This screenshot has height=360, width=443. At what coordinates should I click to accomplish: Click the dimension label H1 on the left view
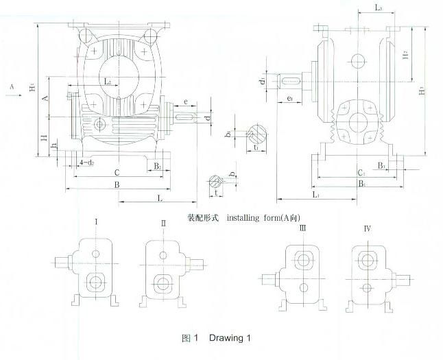(32, 88)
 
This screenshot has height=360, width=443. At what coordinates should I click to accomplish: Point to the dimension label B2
(157, 166)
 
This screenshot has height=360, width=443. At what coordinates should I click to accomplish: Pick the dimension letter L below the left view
(159, 198)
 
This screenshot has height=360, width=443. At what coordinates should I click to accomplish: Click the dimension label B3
(382, 166)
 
